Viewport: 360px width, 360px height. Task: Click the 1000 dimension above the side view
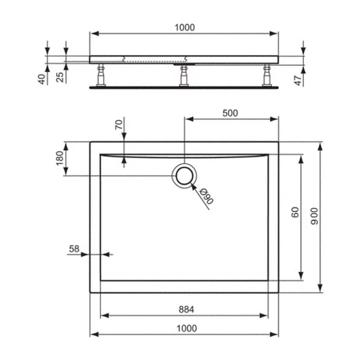(185, 27)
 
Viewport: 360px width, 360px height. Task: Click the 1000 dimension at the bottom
(186, 328)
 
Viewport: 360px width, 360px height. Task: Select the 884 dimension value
(186, 309)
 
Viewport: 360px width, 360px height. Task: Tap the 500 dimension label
(230, 113)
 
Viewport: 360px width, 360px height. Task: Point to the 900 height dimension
(315, 216)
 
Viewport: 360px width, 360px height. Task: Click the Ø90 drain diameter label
(206, 196)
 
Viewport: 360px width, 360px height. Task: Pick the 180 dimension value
(60, 158)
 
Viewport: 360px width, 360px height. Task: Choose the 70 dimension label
(119, 125)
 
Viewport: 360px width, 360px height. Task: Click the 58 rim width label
(74, 249)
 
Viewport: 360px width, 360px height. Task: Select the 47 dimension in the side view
(298, 81)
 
